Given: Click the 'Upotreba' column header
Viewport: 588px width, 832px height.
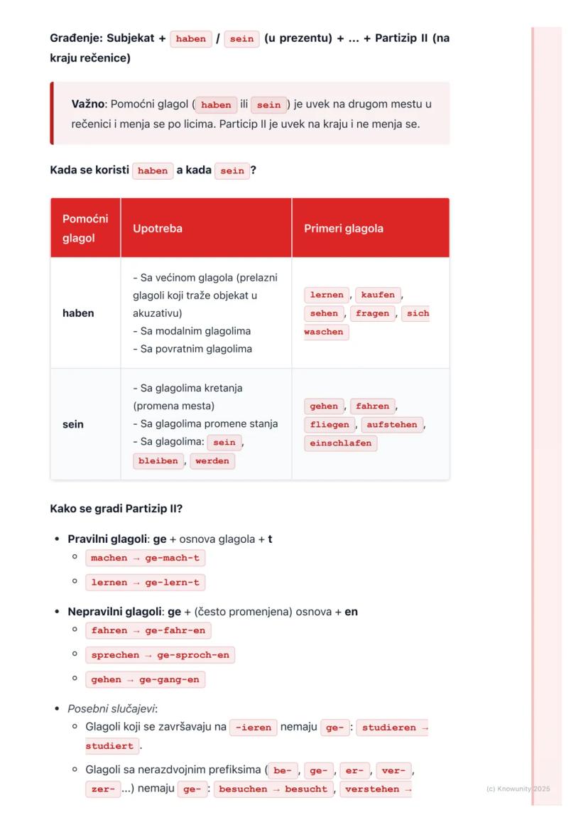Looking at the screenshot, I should pyautogui.click(x=158, y=229).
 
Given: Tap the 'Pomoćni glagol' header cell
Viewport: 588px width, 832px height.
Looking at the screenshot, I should pyautogui.click(x=85, y=229).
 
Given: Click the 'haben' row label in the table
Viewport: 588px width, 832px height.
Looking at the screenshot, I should pyautogui.click(x=78, y=313).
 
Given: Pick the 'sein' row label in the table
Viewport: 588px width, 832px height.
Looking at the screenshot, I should pyautogui.click(x=73, y=425).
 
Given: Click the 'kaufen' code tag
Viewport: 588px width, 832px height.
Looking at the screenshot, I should pyautogui.click(x=378, y=295).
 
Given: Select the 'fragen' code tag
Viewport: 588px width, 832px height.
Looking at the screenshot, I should pyautogui.click(x=373, y=313).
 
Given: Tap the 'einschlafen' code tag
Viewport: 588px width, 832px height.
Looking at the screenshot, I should pyautogui.click(x=341, y=443).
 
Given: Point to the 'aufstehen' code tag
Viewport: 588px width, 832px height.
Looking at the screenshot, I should pyautogui.click(x=392, y=425).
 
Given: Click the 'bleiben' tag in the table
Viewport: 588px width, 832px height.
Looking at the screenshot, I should pyautogui.click(x=158, y=461).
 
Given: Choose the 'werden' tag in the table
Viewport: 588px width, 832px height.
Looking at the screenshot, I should pyautogui.click(x=212, y=461).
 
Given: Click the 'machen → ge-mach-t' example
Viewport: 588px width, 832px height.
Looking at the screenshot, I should pyautogui.click(x=146, y=558).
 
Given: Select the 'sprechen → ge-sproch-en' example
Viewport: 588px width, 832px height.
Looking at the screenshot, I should pyautogui.click(x=160, y=656).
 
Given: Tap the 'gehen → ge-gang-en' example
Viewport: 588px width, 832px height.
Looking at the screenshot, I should pyautogui.click(x=146, y=680).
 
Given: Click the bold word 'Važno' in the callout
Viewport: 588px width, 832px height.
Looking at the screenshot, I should pyautogui.click(x=89, y=104).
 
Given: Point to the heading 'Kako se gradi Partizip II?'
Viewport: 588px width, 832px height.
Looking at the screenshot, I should pyautogui.click(x=116, y=509).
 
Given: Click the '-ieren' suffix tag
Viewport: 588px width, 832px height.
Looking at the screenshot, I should pyautogui.click(x=254, y=728).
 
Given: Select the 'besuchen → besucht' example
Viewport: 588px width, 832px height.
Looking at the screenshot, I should pyautogui.click(x=273, y=789).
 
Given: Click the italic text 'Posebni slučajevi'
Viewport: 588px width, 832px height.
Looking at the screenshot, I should pyautogui.click(x=111, y=709).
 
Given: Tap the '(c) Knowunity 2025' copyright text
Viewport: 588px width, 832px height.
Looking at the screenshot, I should pyautogui.click(x=518, y=789).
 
